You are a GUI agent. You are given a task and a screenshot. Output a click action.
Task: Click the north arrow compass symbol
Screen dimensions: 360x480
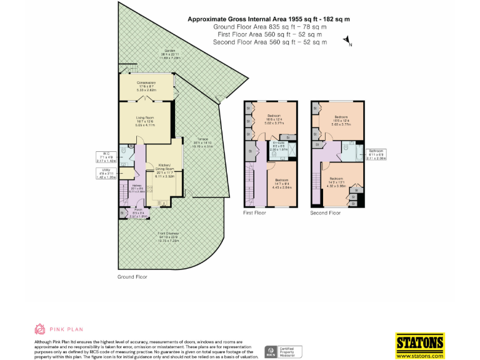coord(347,42)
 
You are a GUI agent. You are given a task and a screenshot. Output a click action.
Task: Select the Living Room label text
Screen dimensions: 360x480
coord(146,119)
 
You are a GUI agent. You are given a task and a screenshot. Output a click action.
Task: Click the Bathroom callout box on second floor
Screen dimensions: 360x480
coord(377,155)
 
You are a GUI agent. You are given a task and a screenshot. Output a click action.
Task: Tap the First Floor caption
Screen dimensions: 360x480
coord(254,213)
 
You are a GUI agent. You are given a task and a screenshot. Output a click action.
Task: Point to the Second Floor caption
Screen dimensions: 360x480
coord(326,213)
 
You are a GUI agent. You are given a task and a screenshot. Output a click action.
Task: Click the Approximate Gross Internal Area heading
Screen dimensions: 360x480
coord(269,19)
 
